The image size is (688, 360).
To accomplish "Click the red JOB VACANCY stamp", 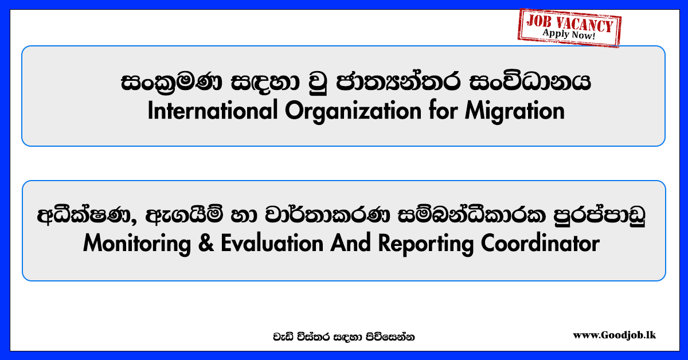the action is pyautogui.click(x=569, y=28).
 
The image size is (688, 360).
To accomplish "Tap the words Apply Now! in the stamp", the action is pyautogui.click(x=569, y=34).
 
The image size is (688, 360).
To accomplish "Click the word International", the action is pyautogui.click(x=213, y=111).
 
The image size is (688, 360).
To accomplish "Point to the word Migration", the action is pyautogui.click(x=515, y=111).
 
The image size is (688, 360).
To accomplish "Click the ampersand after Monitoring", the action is pyautogui.click(x=206, y=243).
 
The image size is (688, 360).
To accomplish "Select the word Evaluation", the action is pyautogui.click(x=272, y=243).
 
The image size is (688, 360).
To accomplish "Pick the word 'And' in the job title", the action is pyautogui.click(x=351, y=243).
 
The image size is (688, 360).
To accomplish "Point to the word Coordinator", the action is pyautogui.click(x=540, y=243).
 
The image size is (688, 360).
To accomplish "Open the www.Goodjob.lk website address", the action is pyautogui.click(x=614, y=335).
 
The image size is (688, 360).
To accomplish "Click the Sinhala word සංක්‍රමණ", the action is pyautogui.click(x=171, y=83).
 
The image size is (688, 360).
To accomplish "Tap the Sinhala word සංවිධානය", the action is pyautogui.click(x=530, y=82).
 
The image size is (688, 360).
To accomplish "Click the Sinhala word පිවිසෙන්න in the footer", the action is pyautogui.click(x=390, y=337).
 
